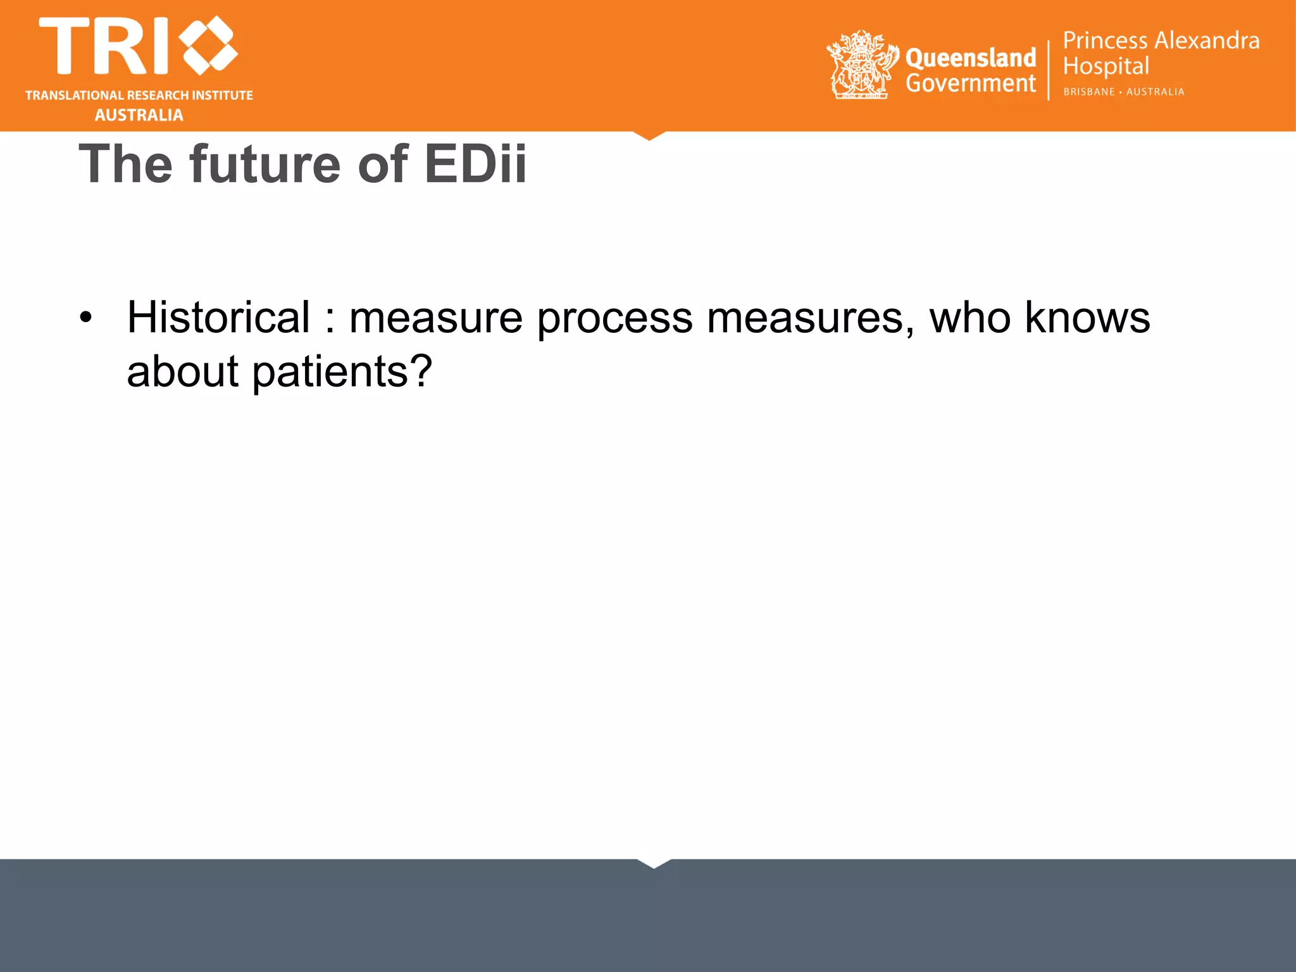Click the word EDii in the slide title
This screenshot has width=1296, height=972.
coord(475,165)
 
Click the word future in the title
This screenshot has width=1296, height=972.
coord(265,165)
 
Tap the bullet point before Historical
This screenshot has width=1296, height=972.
coord(86,316)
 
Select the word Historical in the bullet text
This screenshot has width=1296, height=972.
coord(218,318)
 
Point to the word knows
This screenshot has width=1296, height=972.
coord(1087,318)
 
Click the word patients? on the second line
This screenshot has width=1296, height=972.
coord(342,372)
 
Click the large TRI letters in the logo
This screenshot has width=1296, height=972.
coord(104,46)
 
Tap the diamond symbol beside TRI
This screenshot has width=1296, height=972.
coord(208,45)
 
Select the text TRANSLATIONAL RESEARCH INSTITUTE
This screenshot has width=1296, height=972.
coord(139,96)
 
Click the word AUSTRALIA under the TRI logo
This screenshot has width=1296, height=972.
coord(139,115)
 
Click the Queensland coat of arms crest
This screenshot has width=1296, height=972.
coord(862,65)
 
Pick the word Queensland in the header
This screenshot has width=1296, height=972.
coord(970,58)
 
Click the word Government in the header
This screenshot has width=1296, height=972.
coord(970,83)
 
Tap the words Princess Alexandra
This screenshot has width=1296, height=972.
coord(1161,40)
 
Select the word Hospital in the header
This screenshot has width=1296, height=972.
coord(1106,66)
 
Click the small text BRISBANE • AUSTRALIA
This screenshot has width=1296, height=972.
coord(1123,92)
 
